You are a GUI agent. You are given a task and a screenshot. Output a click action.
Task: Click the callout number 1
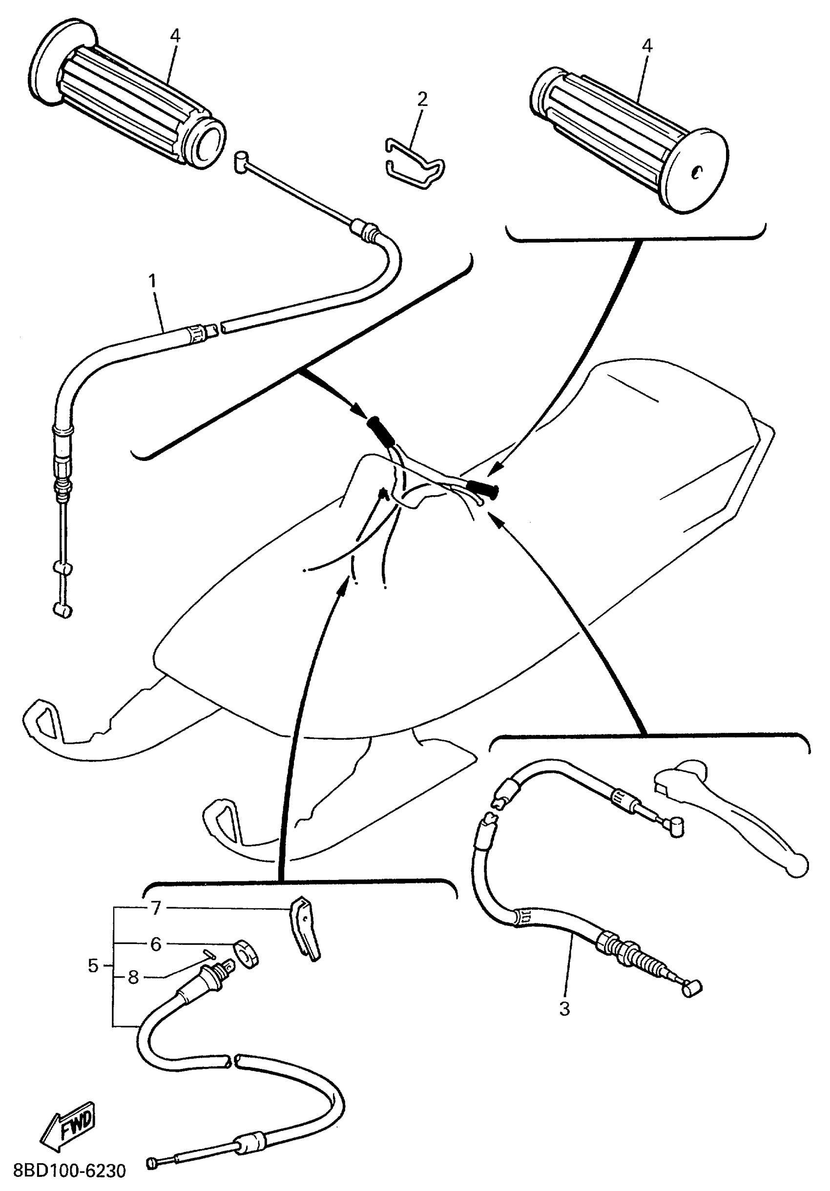click(x=152, y=282)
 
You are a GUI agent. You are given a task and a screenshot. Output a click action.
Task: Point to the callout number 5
click(x=93, y=966)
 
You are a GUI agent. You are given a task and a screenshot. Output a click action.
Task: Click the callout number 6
click(x=156, y=944)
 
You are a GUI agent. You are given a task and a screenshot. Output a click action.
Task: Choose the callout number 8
click(x=133, y=978)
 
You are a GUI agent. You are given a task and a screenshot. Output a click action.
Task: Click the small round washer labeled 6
click(x=246, y=952)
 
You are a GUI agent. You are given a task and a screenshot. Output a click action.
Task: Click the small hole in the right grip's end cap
click(x=697, y=172)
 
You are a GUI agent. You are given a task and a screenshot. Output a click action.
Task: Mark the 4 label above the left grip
click(x=175, y=36)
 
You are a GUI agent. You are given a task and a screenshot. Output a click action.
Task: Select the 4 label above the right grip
click(x=647, y=46)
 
